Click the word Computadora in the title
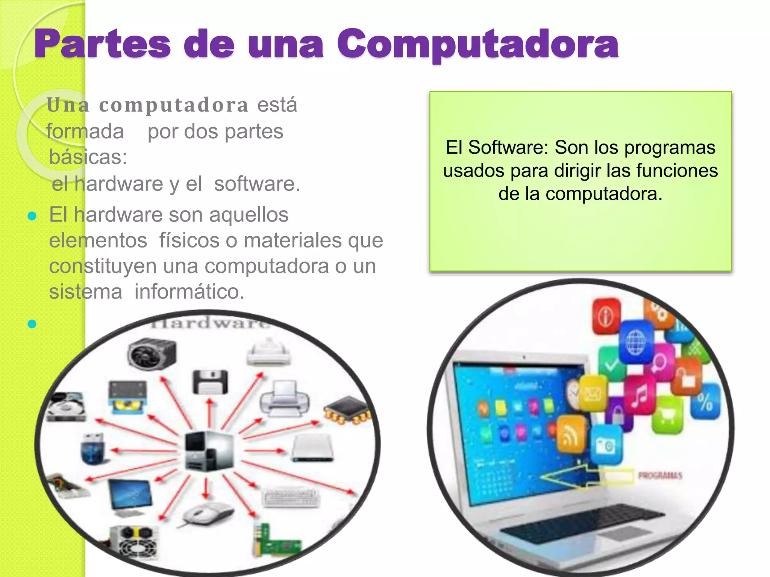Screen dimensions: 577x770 [477, 45]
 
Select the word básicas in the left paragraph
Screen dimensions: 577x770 [88, 157]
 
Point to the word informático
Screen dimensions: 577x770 [189, 292]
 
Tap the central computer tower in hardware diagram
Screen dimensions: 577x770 [209, 451]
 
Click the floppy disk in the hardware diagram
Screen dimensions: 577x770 [210, 382]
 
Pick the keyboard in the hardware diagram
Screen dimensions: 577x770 [291, 498]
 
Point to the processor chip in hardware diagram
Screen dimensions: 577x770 [347, 409]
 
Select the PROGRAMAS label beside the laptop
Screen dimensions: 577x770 [660, 476]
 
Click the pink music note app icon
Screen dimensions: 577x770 [640, 394]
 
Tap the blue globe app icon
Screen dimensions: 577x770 [635, 342]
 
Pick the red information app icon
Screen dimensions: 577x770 [606, 316]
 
